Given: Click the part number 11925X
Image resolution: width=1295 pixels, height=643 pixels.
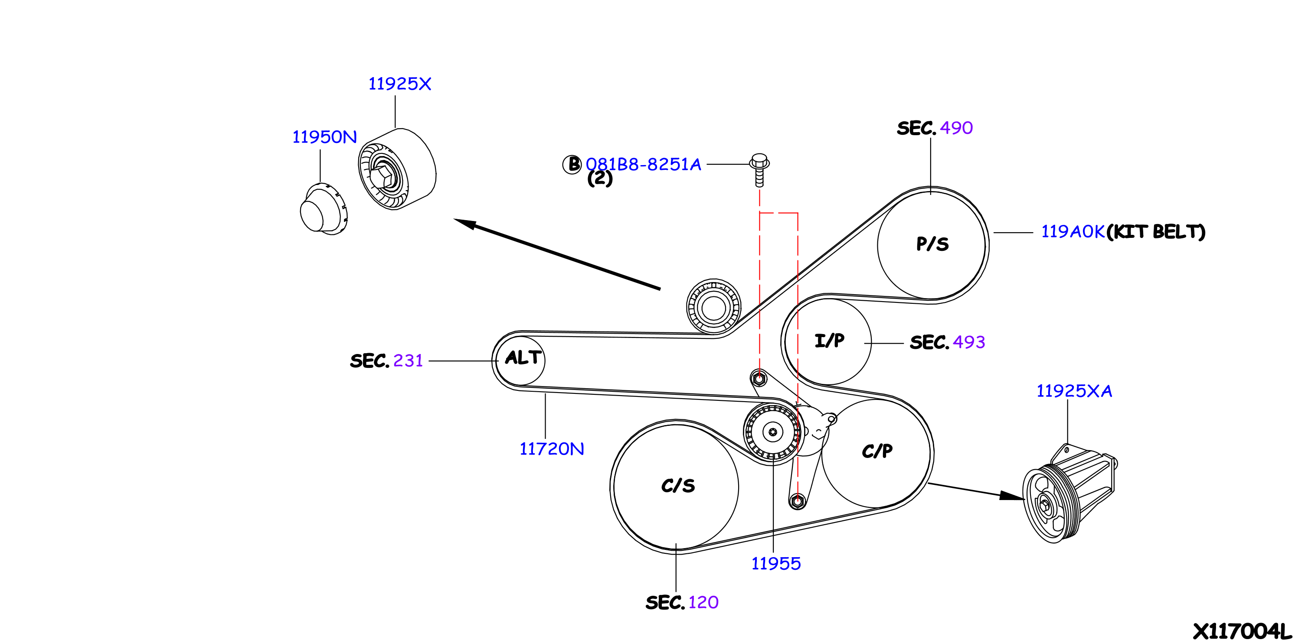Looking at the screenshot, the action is tap(400, 84).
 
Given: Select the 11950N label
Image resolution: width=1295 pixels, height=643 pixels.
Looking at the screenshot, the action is tap(324, 137).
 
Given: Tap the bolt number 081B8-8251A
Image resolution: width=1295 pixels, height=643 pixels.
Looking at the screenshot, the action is tap(643, 165).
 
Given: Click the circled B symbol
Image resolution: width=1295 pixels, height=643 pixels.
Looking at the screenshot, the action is tap(572, 164).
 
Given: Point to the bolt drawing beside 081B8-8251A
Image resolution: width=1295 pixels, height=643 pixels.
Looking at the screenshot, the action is tap(759, 170).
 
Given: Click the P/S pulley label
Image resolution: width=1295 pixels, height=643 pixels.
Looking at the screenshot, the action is tap(932, 244).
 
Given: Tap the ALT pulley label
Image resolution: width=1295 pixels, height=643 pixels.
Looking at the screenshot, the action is tap(523, 357).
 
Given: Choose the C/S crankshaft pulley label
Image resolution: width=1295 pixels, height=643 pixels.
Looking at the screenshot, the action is tap(678, 486).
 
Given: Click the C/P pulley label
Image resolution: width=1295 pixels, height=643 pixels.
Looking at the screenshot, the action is tap(877, 451).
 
